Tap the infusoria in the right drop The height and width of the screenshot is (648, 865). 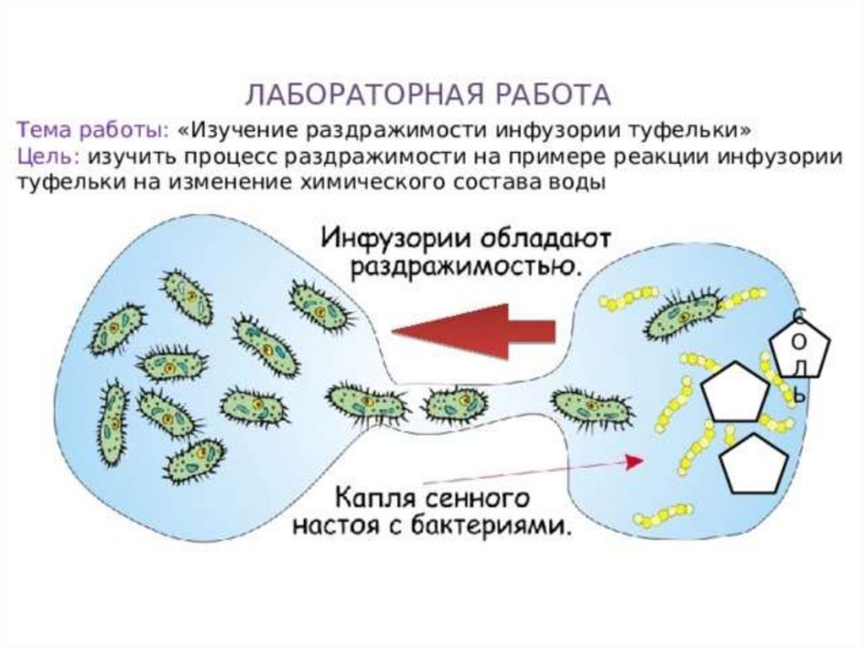point(683,314)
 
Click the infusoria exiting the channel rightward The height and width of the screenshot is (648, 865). point(591,407)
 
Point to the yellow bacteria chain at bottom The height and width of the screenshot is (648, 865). point(662,514)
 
